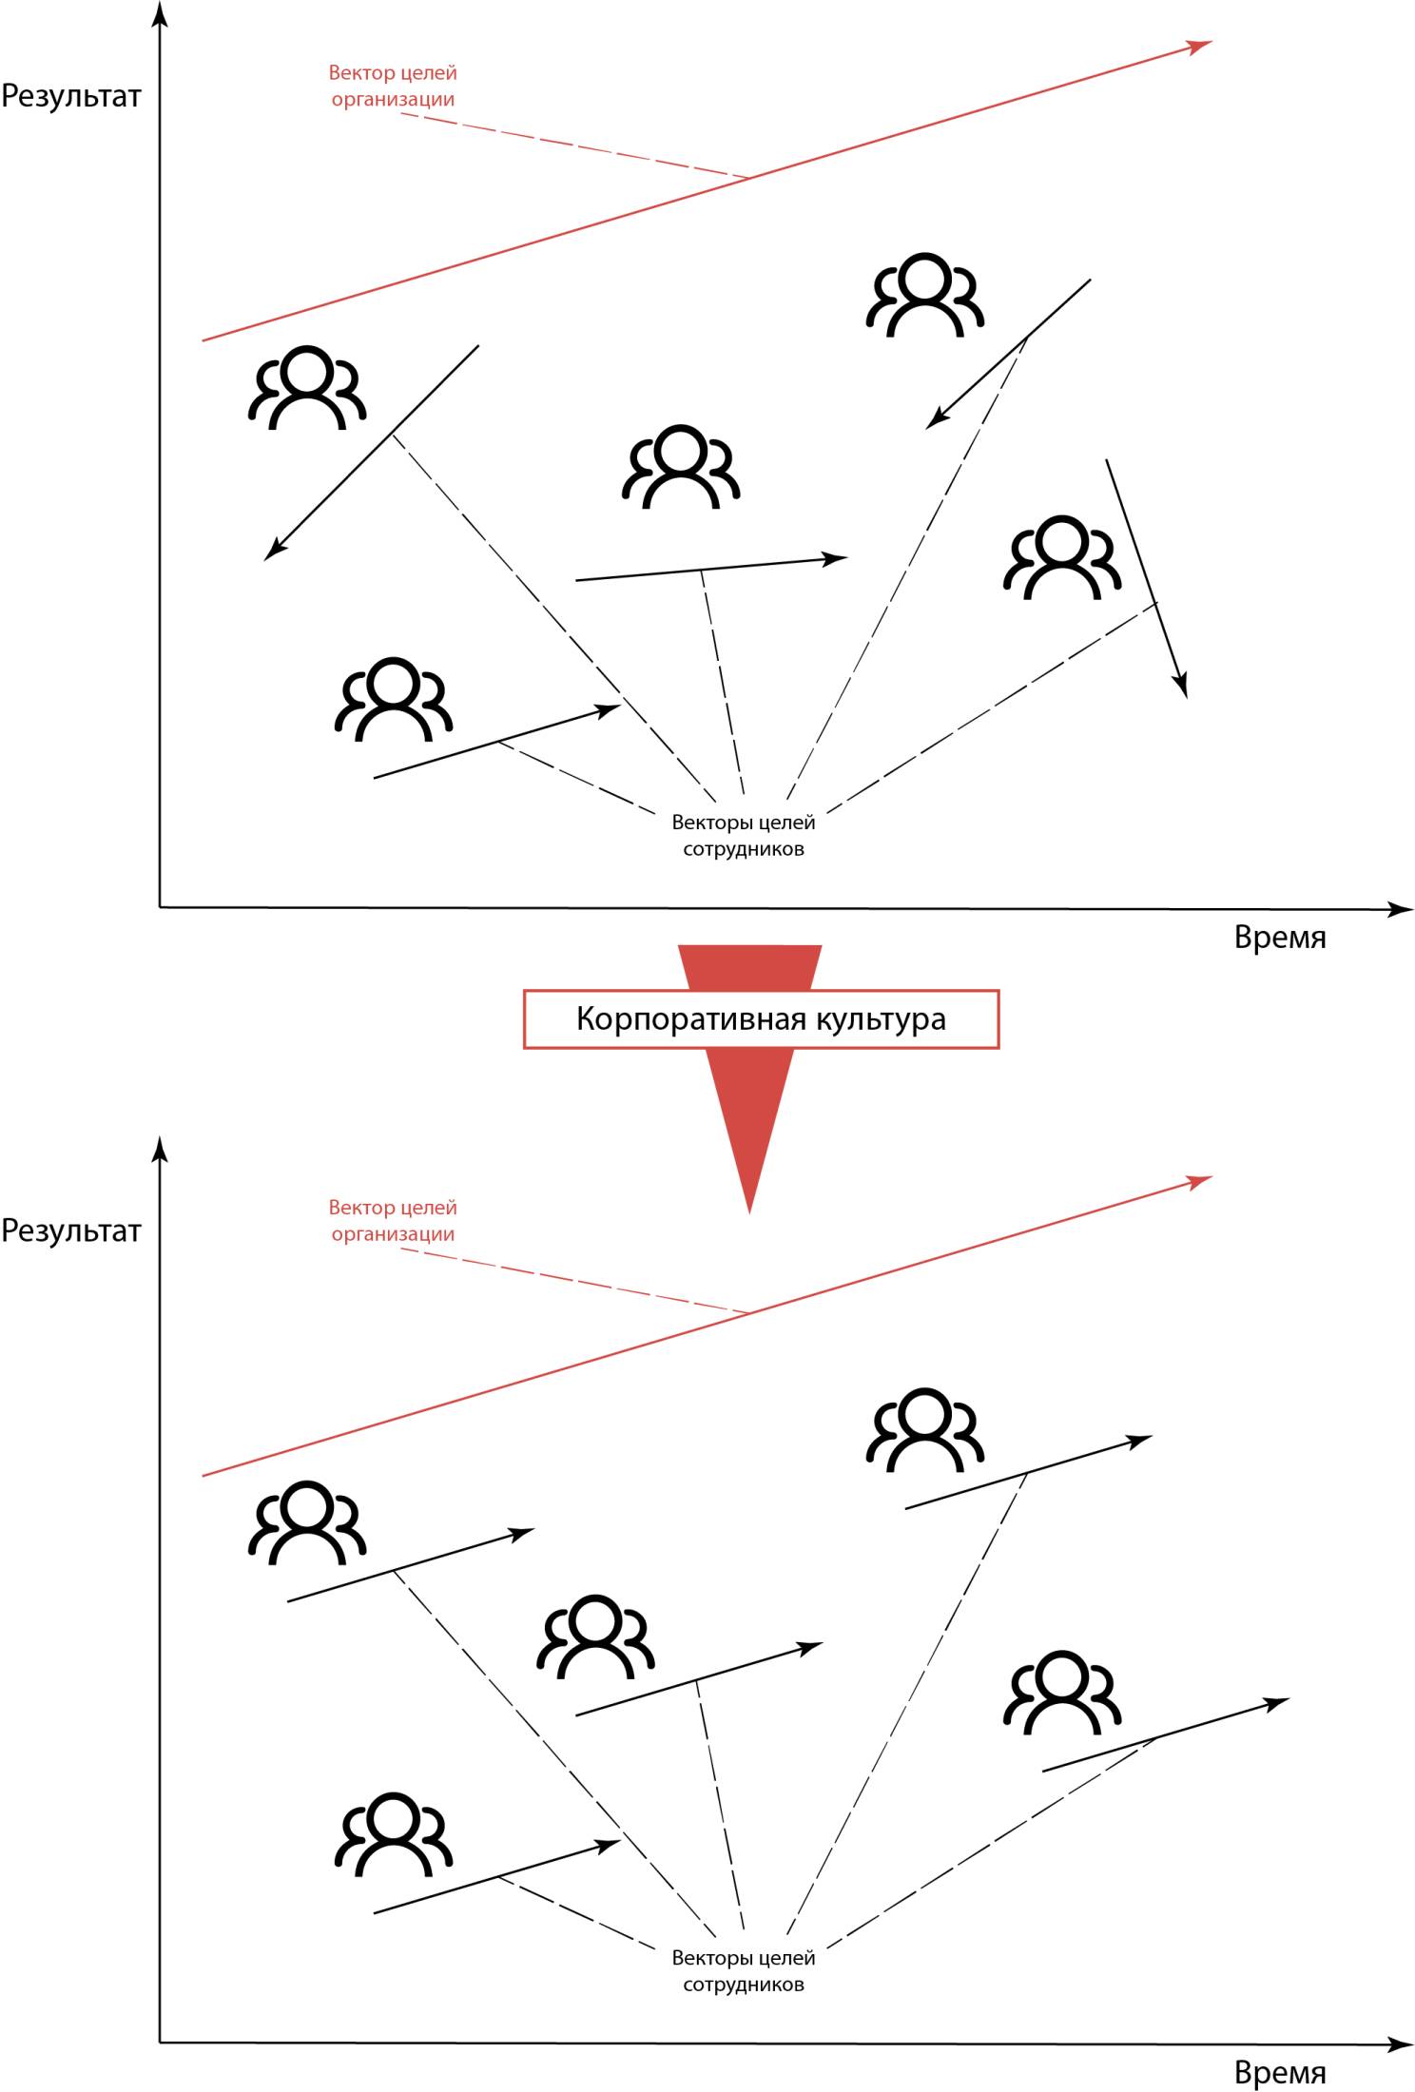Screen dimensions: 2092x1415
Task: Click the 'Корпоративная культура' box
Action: pos(761,1019)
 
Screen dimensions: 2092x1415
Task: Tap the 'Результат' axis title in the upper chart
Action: pos(71,96)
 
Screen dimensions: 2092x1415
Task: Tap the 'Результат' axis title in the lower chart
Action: pos(71,1230)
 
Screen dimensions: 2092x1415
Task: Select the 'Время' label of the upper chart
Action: pos(1279,938)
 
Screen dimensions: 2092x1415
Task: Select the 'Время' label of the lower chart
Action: pos(1279,2073)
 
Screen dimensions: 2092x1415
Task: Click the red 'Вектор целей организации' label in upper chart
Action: pos(393,86)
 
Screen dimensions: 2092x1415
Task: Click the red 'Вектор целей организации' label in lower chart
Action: pos(393,1220)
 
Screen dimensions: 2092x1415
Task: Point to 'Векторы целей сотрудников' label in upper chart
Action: pos(743,835)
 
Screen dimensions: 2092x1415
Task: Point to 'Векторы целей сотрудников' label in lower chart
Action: pos(743,1970)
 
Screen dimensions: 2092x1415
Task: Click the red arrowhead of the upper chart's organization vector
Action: pos(1204,44)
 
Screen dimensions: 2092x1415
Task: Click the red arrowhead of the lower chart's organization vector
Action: pos(1204,1180)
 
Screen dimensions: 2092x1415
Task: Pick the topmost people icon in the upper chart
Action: pos(924,295)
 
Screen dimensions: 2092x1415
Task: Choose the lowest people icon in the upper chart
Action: pos(393,699)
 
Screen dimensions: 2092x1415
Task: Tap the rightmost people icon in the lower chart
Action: pos(1062,1693)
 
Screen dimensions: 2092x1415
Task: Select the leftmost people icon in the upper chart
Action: pos(306,388)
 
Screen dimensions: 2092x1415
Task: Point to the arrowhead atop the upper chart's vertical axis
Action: pos(161,11)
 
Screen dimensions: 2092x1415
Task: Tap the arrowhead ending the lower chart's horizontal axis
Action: pos(1405,2044)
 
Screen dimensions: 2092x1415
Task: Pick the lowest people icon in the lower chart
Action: pos(393,1834)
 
